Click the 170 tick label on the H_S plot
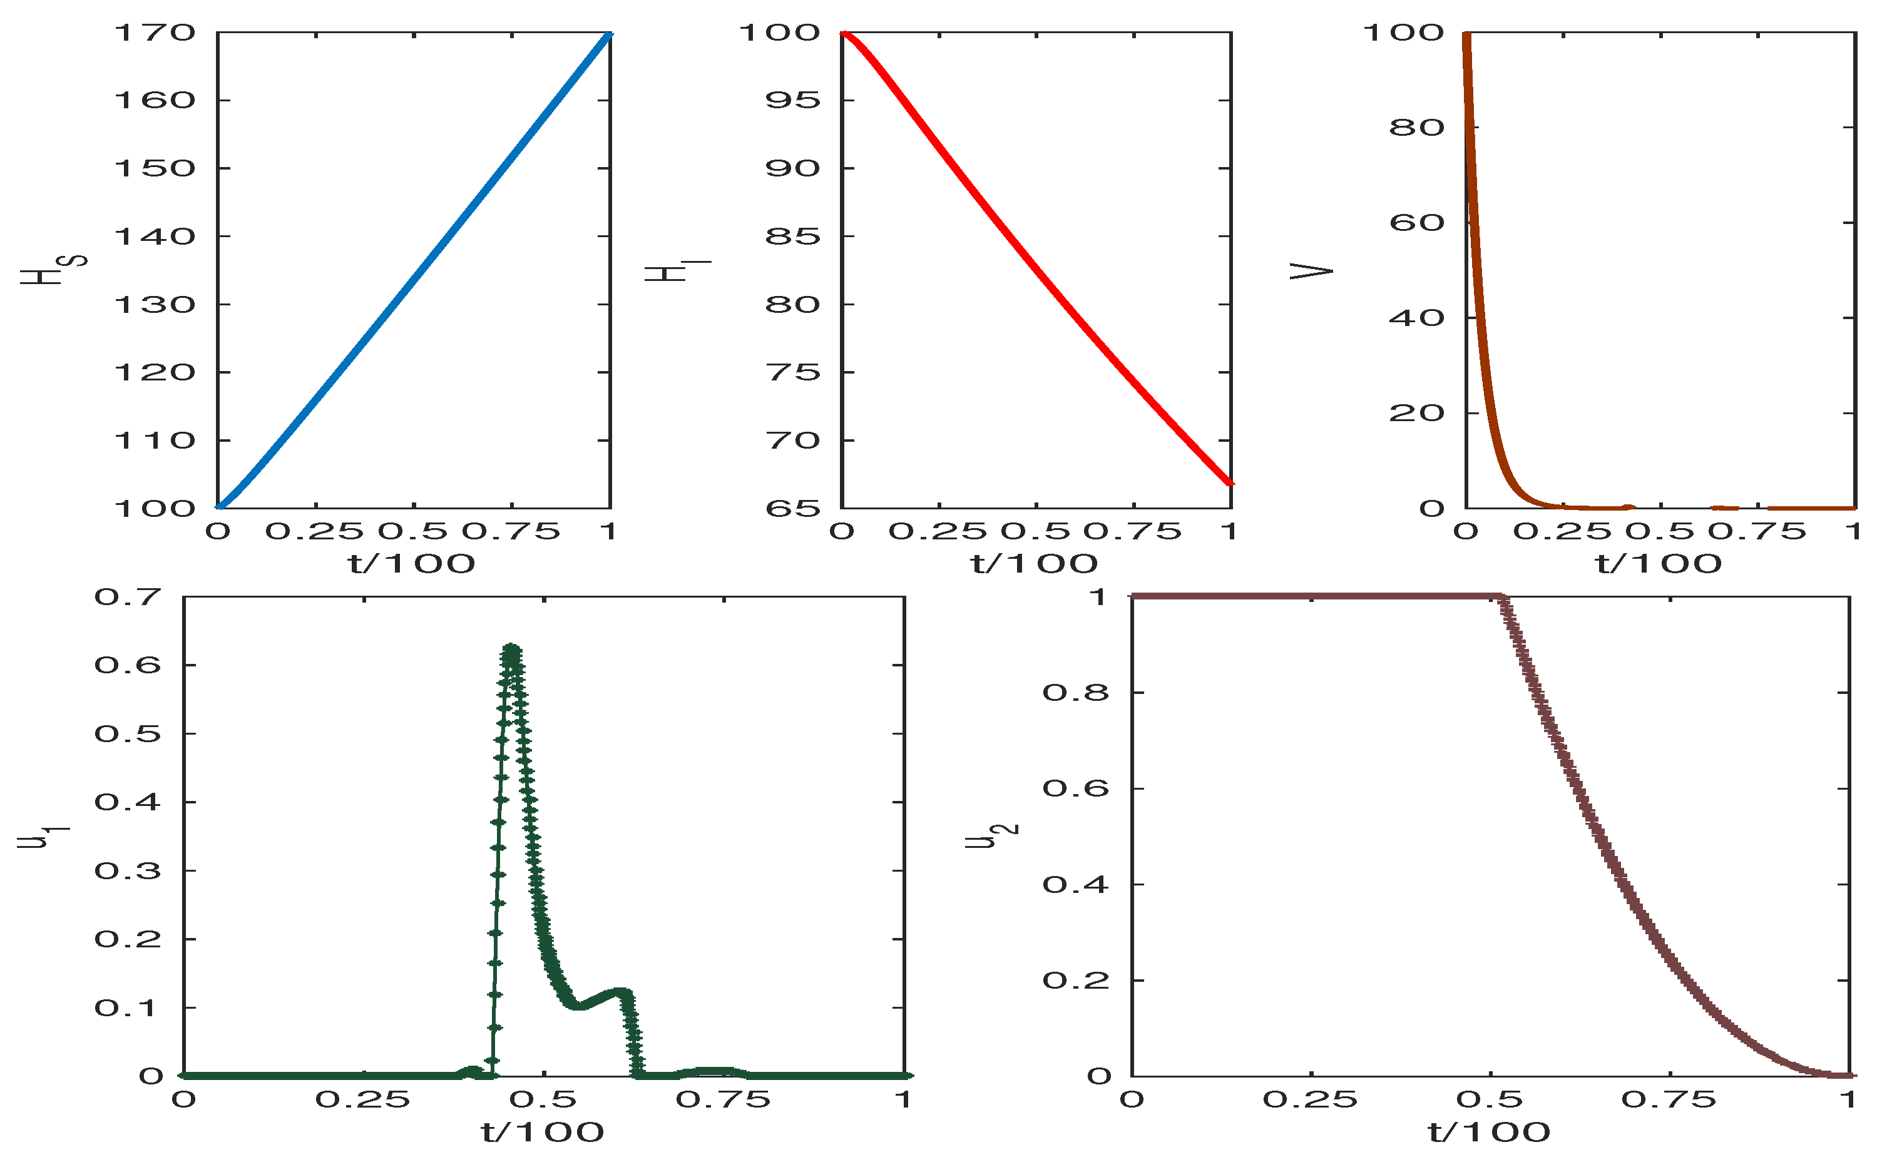155,33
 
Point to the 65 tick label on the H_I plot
793,509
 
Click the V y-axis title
1311,271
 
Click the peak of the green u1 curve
511,649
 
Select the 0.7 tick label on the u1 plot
128,597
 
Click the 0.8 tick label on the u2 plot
1075,693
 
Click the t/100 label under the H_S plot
412,564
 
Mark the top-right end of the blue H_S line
609,34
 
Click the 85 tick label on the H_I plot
793,237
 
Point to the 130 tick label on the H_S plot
155,305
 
